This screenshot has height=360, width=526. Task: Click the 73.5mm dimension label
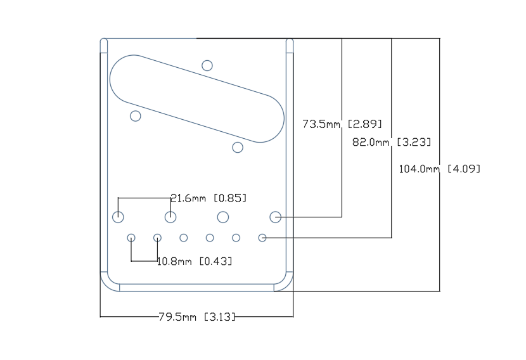pos(342,124)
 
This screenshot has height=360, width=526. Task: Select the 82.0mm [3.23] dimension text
pos(395,143)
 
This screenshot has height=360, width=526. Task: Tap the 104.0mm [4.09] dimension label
pos(439,169)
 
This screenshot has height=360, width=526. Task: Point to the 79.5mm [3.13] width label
pos(196,316)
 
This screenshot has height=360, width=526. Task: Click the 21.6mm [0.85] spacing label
pos(208,198)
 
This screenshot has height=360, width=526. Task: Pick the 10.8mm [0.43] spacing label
pos(194,260)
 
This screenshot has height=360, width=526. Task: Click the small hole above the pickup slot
pos(207,65)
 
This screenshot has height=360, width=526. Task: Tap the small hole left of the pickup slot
pos(135,115)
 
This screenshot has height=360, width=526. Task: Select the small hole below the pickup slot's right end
pos(238,147)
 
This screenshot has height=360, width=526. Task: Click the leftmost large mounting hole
pos(118,217)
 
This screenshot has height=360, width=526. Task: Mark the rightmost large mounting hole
pos(275,217)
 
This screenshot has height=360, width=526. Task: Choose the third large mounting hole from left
pos(223,217)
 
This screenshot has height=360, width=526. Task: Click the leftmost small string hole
pos(131,238)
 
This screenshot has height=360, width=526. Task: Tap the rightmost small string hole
pos(262,238)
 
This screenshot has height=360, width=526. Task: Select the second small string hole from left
pos(157,238)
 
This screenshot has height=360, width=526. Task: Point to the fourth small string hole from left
pos(210,238)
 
